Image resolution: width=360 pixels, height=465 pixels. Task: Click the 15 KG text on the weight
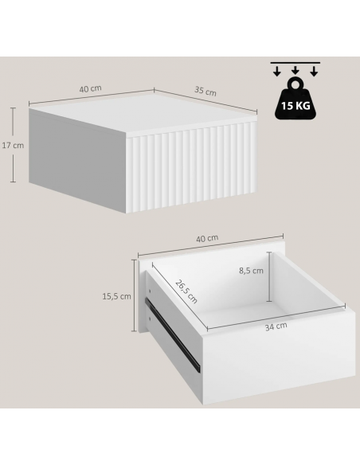tap(295, 105)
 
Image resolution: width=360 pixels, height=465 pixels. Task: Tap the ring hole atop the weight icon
tap(295, 84)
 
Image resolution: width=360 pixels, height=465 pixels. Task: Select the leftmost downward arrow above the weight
tap(277, 71)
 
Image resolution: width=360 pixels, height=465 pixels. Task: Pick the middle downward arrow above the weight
tap(295, 70)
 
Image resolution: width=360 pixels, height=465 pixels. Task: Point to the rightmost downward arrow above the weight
tap(314, 71)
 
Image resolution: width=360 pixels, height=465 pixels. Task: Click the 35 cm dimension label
tap(205, 91)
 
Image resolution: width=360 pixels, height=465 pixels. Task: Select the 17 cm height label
tap(13, 145)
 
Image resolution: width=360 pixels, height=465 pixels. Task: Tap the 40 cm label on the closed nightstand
tap(91, 88)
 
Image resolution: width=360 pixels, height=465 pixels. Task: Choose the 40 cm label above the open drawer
tap(207, 238)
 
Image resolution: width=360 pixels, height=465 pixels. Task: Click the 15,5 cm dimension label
tap(116, 296)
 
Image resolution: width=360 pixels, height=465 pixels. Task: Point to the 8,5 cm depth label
tap(251, 271)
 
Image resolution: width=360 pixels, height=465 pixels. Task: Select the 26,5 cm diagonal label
tap(186, 291)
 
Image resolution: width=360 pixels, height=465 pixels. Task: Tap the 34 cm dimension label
tap(276, 326)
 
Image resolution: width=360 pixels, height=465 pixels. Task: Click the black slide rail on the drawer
tap(173, 335)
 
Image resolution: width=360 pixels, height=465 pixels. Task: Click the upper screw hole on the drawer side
tap(150, 291)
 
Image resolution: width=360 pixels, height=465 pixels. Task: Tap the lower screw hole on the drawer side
tap(150, 319)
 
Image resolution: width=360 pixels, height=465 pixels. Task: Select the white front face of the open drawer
tap(278, 357)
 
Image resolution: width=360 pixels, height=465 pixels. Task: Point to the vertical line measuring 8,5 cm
tap(269, 276)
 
